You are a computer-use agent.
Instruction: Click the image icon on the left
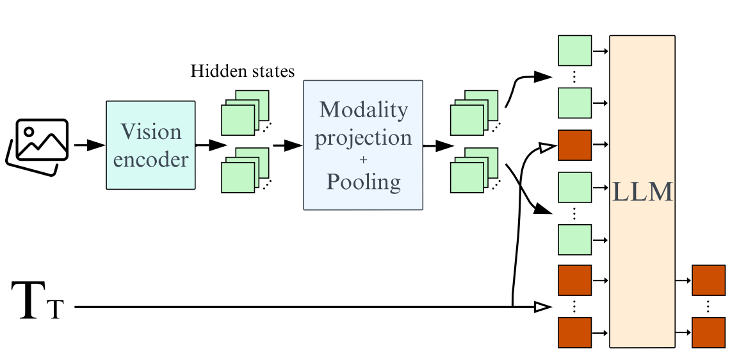(x=37, y=145)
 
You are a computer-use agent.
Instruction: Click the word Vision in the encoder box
(x=151, y=133)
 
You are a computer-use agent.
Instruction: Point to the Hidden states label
(x=243, y=71)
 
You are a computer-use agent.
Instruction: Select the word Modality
(x=364, y=110)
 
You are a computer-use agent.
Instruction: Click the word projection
(x=364, y=138)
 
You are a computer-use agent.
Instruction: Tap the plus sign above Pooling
(x=364, y=160)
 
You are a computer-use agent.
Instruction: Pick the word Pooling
(x=364, y=182)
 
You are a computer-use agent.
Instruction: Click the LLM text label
(x=642, y=192)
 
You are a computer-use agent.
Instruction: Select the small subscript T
(x=56, y=311)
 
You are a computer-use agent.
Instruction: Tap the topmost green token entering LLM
(x=574, y=51)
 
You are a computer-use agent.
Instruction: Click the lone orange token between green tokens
(x=574, y=145)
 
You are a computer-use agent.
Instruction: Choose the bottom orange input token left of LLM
(x=574, y=333)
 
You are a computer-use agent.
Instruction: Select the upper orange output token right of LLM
(x=708, y=280)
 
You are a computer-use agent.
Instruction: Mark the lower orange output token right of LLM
(x=708, y=333)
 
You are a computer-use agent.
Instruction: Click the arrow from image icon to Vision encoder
(x=88, y=145)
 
